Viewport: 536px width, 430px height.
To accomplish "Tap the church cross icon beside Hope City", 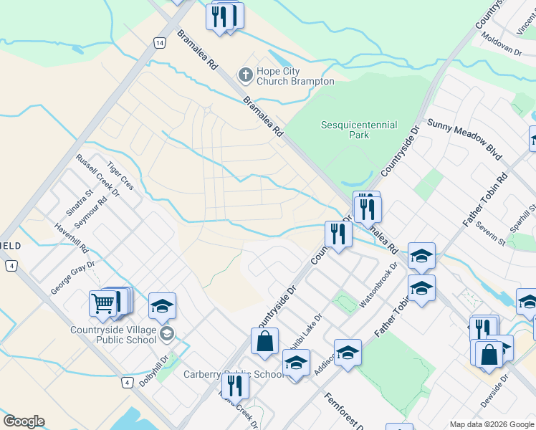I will pos(245,75).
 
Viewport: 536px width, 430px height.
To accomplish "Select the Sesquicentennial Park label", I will pos(358,129).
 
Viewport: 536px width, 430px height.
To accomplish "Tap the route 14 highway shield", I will pos(158,43).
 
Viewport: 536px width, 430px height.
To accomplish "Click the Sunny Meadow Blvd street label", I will pos(464,139).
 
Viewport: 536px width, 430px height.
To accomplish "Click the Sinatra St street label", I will pos(80,202).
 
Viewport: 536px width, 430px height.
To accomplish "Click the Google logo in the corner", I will pos(24,421).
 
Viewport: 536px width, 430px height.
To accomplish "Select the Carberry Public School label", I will pos(234,374).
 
